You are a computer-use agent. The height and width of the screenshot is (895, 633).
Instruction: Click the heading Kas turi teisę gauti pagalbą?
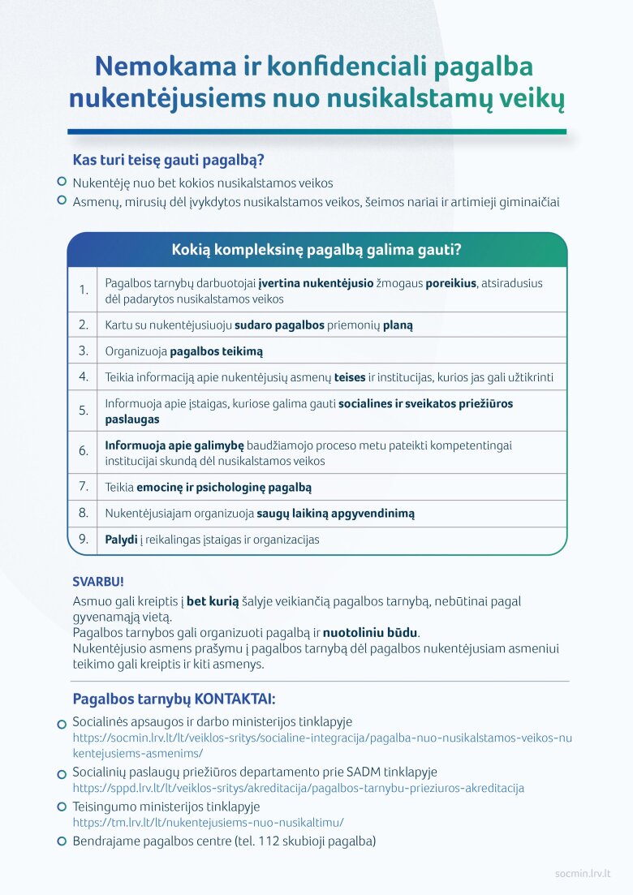point(168,160)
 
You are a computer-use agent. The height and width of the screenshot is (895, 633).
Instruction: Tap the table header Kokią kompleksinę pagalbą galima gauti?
point(316,250)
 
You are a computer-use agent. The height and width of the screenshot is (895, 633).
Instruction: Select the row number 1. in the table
point(84,290)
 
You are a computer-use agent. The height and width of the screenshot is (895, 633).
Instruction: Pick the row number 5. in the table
point(84,411)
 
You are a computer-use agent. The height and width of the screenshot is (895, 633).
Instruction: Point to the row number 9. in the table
point(84,539)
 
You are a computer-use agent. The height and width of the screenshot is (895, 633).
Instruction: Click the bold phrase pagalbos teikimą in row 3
point(216,351)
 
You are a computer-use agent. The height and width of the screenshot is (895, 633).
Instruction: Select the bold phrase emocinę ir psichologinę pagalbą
point(224,487)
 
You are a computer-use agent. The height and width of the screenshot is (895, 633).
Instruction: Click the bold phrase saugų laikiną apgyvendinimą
point(335,513)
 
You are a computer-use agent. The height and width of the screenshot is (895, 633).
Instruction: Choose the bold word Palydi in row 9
point(121,539)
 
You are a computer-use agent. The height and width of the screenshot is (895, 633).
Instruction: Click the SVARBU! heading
point(98,583)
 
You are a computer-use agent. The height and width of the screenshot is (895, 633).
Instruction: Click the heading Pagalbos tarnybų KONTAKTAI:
point(174,699)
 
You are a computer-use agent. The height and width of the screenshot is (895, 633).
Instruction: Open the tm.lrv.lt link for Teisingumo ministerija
point(209,822)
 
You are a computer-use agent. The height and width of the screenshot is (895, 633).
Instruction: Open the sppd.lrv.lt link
point(298,788)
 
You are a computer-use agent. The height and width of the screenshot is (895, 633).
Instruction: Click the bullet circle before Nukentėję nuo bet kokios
point(62,183)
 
